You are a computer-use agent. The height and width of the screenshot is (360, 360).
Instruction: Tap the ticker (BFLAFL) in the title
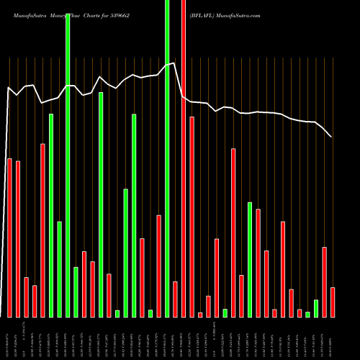coord(205,14)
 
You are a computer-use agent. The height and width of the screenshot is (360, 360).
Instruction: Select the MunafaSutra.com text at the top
coord(241,14)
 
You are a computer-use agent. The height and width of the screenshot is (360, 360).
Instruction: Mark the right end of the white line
coord(331,136)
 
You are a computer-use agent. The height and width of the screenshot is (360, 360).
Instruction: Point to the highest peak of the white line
coord(175,63)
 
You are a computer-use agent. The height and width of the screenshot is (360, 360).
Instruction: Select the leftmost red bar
coord(9,238)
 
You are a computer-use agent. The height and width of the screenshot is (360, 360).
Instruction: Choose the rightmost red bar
coord(333,302)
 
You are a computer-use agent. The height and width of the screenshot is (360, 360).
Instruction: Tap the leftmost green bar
coord(51,215)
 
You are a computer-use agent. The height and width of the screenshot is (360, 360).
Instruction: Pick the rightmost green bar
coord(316,308)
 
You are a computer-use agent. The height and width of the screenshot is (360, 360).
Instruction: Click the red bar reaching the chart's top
coord(184,158)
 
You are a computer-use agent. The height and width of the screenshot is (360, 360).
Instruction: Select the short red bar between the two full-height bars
coord(175,299)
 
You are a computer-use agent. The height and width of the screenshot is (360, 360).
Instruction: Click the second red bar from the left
coord(18,239)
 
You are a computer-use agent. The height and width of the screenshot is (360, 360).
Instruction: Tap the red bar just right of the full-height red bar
coord(192,217)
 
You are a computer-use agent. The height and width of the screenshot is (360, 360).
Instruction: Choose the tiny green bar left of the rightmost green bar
coord(307,314)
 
